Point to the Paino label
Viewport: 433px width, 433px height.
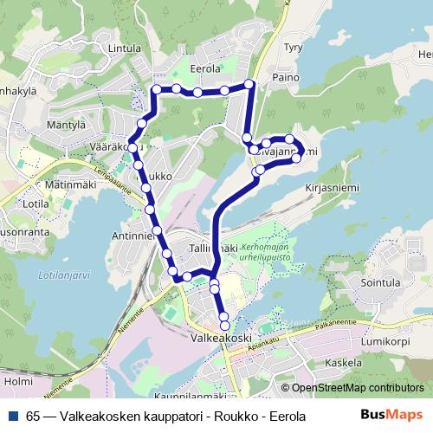click(286, 76)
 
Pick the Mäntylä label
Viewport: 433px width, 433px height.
click(67, 125)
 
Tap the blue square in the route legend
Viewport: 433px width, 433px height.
click(13, 416)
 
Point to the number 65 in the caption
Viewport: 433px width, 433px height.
click(33, 416)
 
